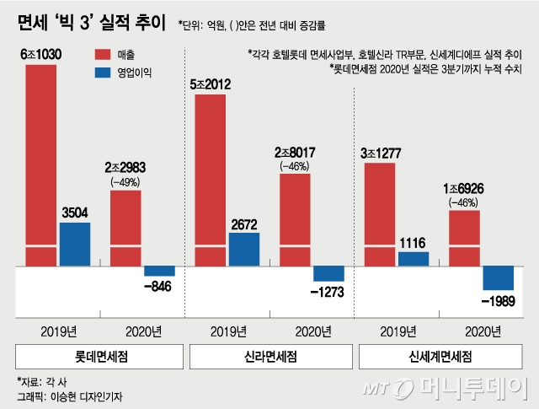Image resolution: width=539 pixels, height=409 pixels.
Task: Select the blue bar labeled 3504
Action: pos(75,245)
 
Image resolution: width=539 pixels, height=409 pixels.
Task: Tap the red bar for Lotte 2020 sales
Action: pos(125,228)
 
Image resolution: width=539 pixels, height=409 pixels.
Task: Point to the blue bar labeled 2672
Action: pos(244,250)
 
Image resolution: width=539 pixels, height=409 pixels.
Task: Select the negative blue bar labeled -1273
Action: pos(328,274)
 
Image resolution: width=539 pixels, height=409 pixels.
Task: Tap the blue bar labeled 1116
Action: pos(414,259)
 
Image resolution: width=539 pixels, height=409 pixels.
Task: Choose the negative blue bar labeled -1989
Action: pos(498,278)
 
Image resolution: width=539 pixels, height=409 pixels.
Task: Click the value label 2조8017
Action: pos(295,153)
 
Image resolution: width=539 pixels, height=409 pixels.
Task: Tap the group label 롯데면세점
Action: pos(99,356)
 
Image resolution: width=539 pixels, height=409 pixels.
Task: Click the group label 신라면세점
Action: pos(269,356)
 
